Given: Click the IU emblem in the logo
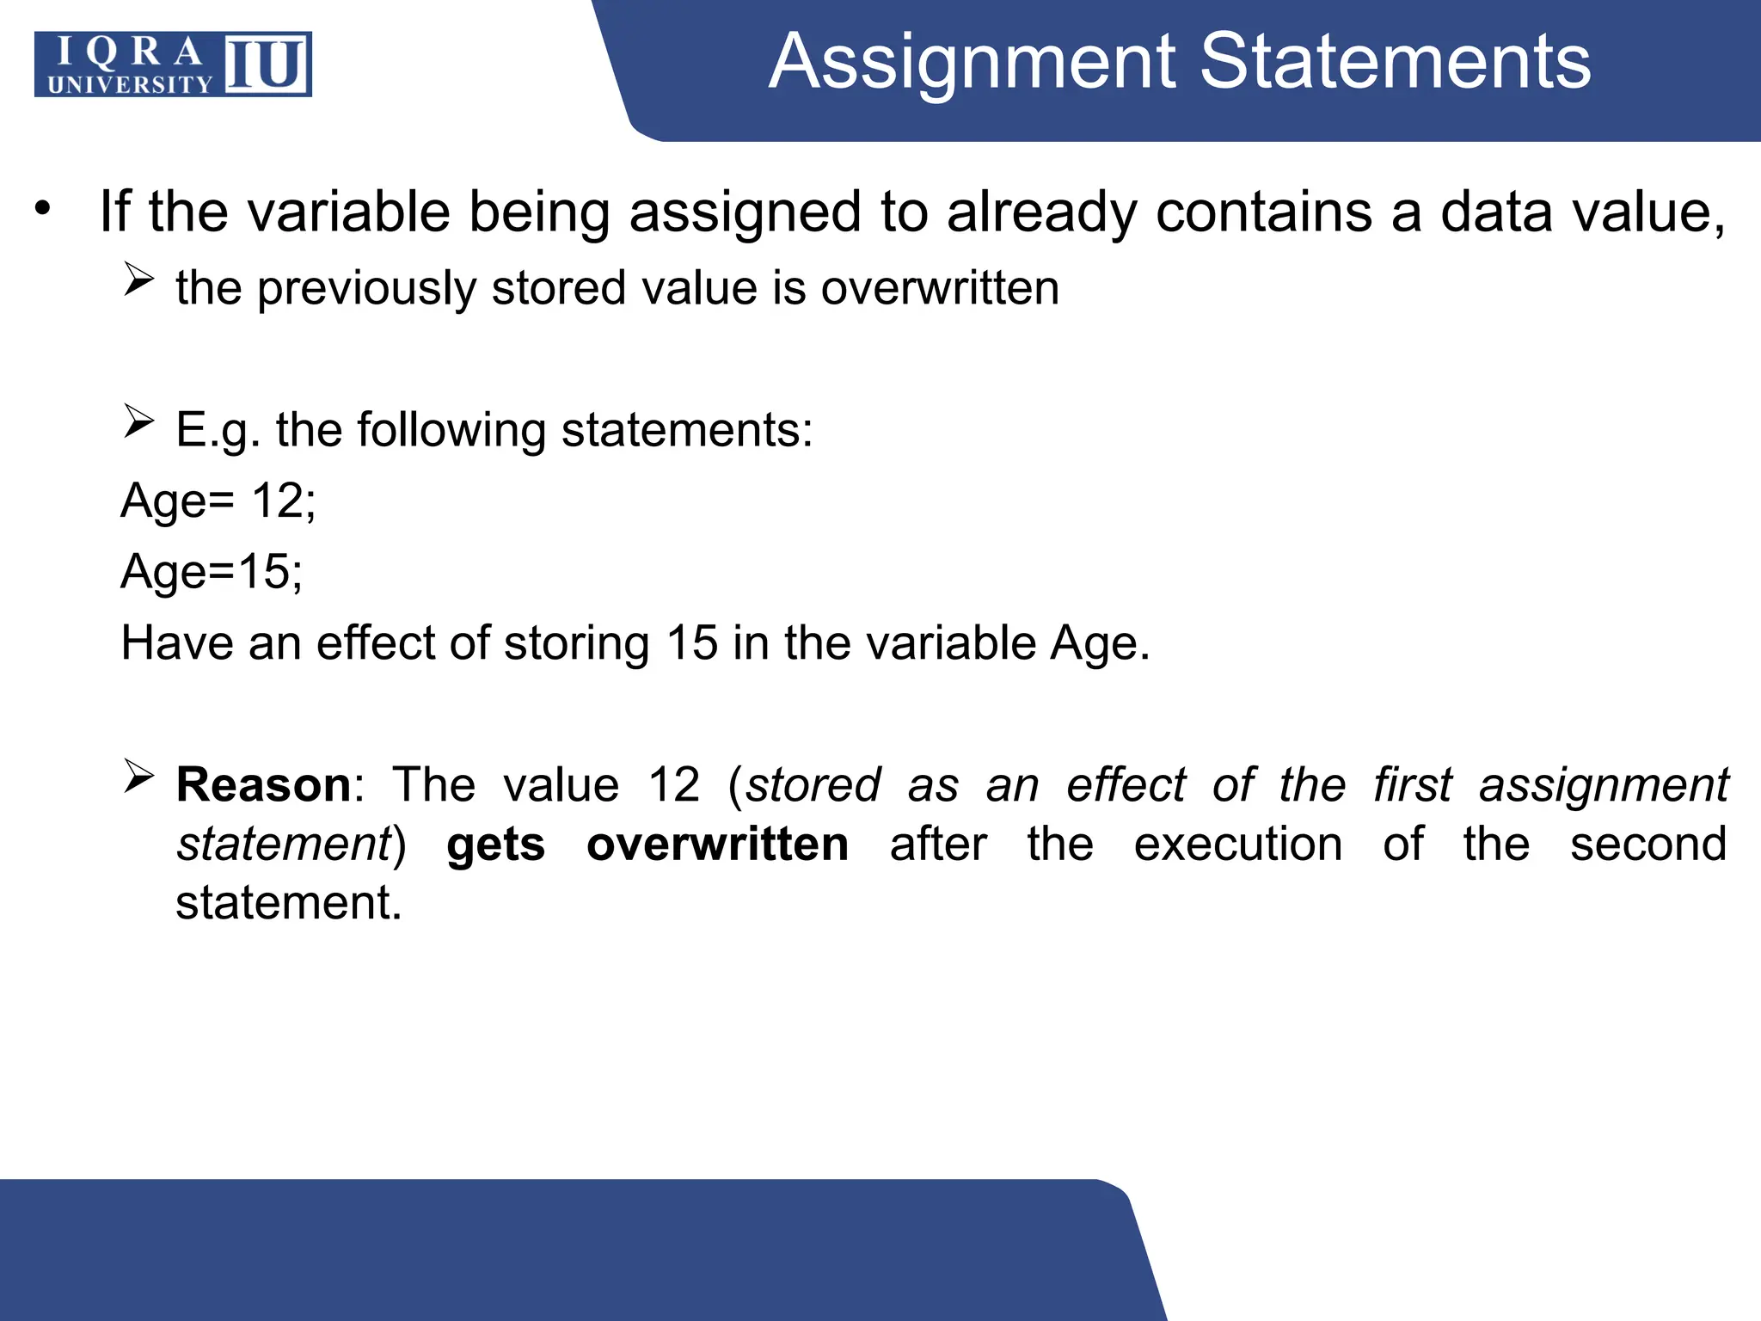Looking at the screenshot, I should pos(267,64).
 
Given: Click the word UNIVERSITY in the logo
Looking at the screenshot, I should pos(130,84).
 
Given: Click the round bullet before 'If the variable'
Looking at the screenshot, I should pos(44,209).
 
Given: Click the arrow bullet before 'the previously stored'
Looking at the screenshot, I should pos(138,280).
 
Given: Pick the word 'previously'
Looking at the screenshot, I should pos(366,288).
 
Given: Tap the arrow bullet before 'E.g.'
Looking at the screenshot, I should pos(138,421).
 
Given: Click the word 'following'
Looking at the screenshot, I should pos(451,430).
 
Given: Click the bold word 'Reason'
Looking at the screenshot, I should pos(263,785).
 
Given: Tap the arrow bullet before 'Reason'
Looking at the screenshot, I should pos(138,776).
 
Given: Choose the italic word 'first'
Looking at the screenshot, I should pos(1413,785).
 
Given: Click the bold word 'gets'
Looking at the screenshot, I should pos(495,845).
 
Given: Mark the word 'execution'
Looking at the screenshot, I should pos(1237,844).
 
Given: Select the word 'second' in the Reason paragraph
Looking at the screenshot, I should pos(1647,844).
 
